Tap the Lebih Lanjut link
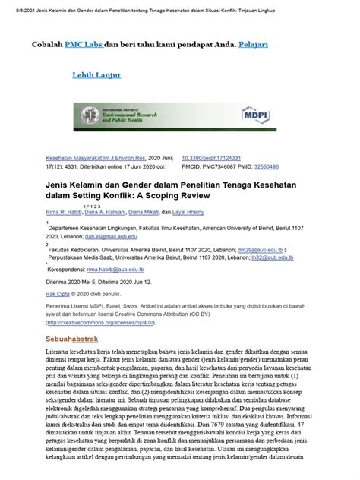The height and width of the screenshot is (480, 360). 96,76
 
